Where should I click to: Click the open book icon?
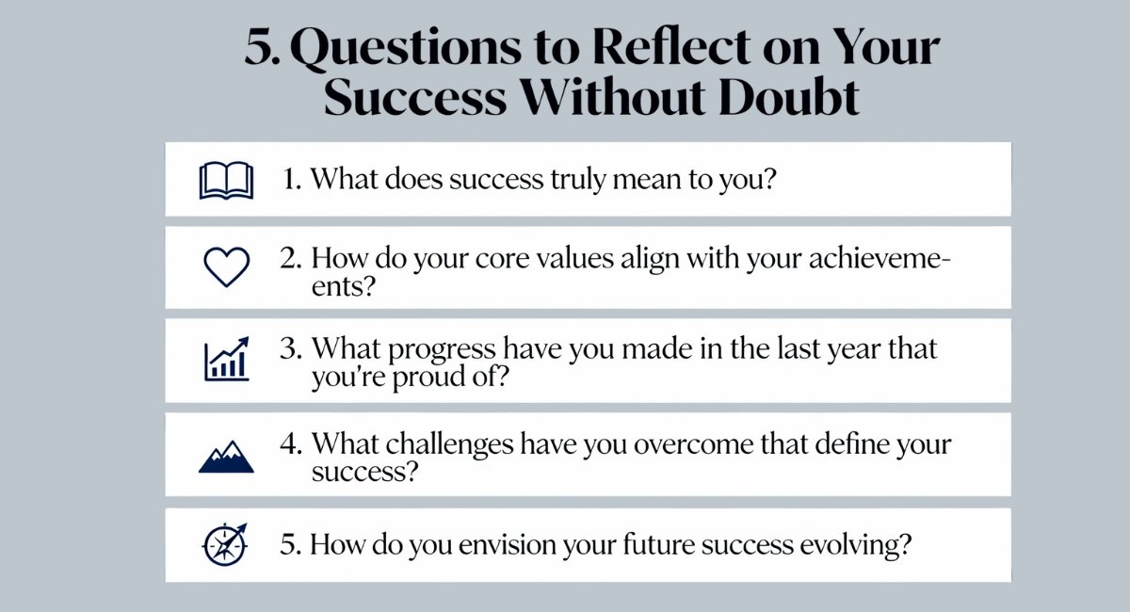(x=226, y=180)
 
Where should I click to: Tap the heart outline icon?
(x=226, y=267)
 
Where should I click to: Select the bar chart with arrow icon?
(x=226, y=359)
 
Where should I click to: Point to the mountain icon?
(x=226, y=456)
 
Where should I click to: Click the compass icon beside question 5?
(x=226, y=544)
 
